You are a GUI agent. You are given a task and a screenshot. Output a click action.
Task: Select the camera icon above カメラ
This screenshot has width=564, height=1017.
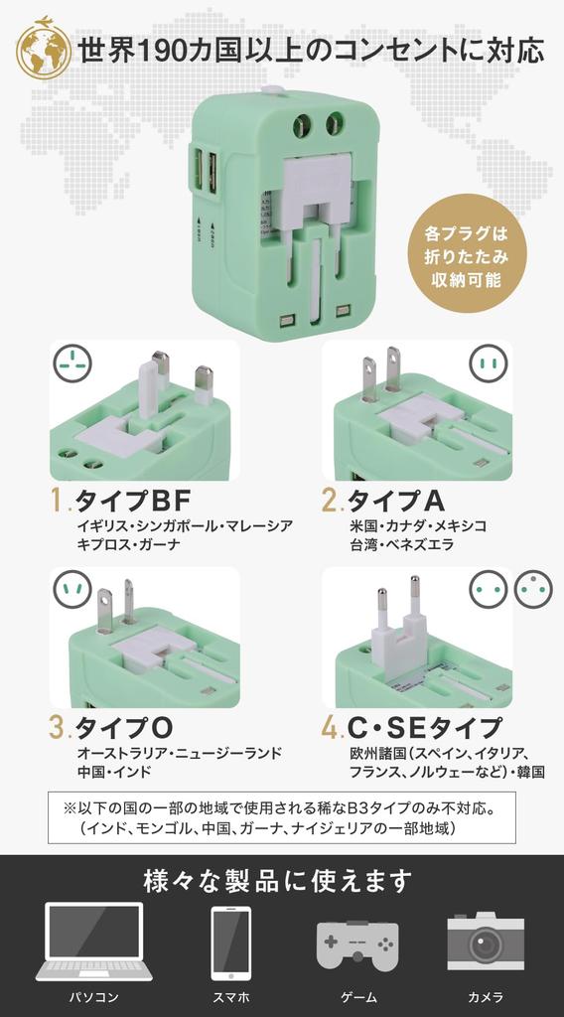point(486,941)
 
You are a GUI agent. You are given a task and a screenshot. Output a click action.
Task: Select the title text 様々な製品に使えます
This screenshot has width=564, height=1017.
point(277,880)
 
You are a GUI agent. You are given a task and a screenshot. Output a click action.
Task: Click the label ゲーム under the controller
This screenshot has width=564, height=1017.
point(356,997)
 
